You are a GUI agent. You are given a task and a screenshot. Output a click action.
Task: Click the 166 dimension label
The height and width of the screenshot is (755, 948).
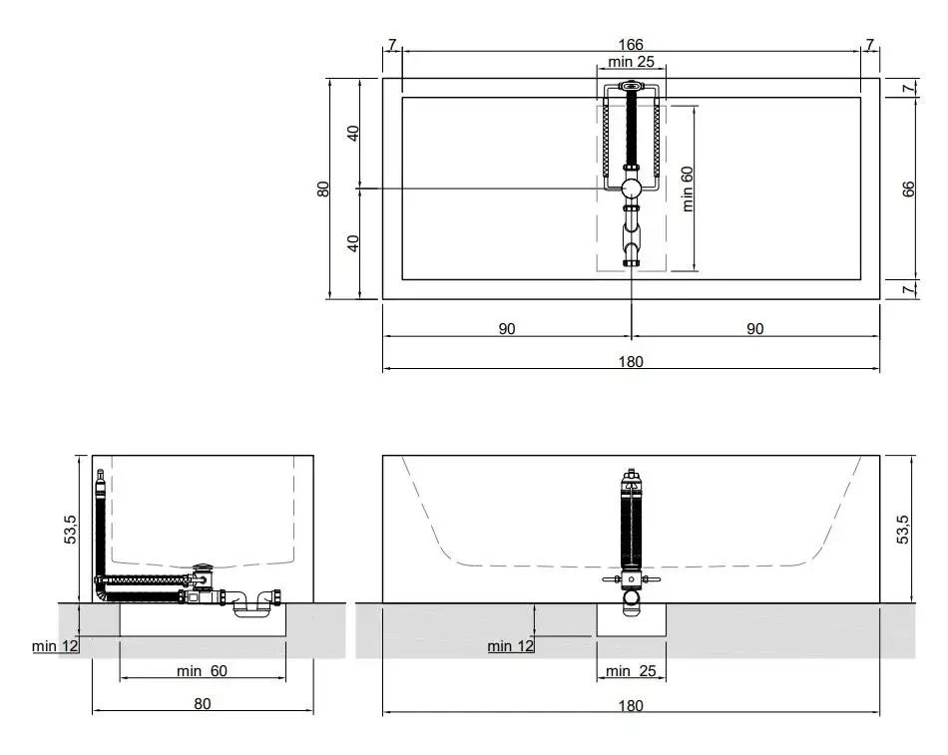pos(631,45)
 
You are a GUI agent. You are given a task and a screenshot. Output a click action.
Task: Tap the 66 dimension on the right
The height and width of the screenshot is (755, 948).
pos(908,189)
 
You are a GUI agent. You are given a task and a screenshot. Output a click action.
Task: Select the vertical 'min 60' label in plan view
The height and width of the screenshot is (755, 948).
pos(688,189)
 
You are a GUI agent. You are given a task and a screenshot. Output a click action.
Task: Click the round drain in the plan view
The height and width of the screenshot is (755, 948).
pos(632,189)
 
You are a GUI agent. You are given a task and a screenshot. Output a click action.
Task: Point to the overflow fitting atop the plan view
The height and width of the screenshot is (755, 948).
pos(631,85)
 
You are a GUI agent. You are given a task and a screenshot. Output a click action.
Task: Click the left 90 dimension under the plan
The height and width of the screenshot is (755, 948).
pos(507,329)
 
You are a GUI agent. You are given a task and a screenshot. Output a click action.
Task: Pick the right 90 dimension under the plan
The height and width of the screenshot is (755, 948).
pos(755,329)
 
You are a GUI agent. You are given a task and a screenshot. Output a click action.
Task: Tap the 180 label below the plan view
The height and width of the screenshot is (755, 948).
pos(631,361)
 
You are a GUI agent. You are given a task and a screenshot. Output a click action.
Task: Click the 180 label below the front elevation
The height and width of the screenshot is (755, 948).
pos(631,705)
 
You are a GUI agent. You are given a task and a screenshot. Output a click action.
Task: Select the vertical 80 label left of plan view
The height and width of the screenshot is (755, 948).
pos(323,189)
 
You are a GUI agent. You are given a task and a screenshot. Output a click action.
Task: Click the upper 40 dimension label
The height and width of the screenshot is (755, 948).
pos(353,133)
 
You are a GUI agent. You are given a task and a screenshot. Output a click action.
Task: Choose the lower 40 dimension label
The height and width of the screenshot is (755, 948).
pos(353,243)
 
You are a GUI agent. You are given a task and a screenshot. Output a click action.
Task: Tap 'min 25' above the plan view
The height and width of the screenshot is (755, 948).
pos(632,62)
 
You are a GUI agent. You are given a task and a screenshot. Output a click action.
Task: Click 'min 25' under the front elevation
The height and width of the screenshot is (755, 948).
pos(631,671)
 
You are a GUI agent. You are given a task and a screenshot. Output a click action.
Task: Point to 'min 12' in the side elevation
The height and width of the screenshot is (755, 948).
pos(55,646)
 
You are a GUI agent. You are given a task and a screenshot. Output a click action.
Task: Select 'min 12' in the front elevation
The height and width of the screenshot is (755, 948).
pos(511,646)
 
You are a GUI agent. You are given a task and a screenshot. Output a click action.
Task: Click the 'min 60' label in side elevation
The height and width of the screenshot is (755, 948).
pos(202,671)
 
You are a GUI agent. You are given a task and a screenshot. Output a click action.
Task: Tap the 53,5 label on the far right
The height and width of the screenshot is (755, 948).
pos(902,530)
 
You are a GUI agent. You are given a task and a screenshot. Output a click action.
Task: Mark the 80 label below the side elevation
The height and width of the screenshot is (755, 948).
pos(203,703)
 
